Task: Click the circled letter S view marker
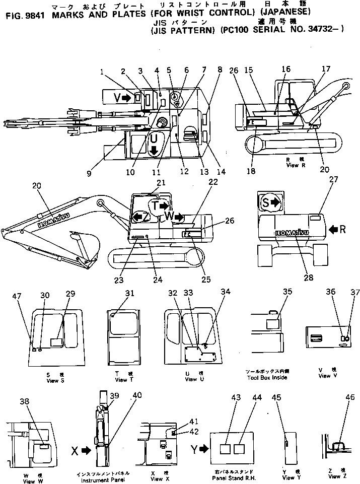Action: (x=266, y=202)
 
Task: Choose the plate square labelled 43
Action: (x=227, y=448)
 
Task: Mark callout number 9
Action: (x=89, y=174)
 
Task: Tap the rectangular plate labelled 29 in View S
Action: (x=57, y=341)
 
